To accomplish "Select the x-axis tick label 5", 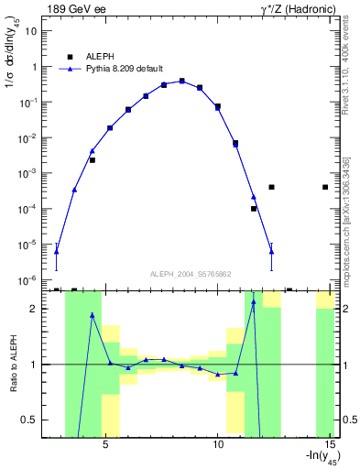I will tap(105, 445).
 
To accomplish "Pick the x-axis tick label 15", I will tap(330, 445).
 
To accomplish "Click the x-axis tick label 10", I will tap(218, 445).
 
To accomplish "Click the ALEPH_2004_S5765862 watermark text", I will tap(191, 274).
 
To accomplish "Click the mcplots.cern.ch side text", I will tap(345, 221).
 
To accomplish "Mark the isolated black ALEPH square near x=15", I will tap(326, 187).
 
